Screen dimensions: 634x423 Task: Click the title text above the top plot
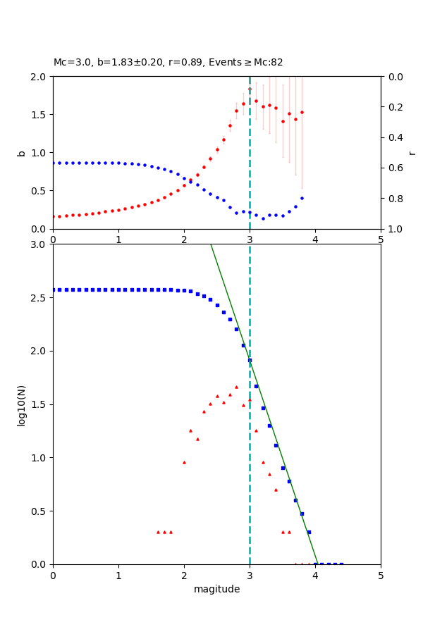(x=168, y=62)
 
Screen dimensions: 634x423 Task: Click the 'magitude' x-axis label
(x=216, y=589)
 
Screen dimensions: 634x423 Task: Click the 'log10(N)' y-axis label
(x=21, y=404)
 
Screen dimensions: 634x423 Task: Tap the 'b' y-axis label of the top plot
(x=21, y=153)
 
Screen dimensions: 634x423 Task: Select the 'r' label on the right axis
(x=412, y=153)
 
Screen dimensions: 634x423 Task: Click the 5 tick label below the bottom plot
(x=381, y=576)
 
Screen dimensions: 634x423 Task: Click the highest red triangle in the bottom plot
(x=236, y=387)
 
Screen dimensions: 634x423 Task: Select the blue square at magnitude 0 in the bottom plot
(x=53, y=290)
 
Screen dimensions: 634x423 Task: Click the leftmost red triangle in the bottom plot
(x=158, y=532)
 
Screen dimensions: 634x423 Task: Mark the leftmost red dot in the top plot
(x=53, y=216)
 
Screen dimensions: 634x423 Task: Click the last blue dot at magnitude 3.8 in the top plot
(x=302, y=198)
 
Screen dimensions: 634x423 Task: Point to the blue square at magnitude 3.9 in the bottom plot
(x=309, y=532)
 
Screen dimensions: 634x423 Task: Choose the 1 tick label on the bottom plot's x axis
(x=118, y=576)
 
